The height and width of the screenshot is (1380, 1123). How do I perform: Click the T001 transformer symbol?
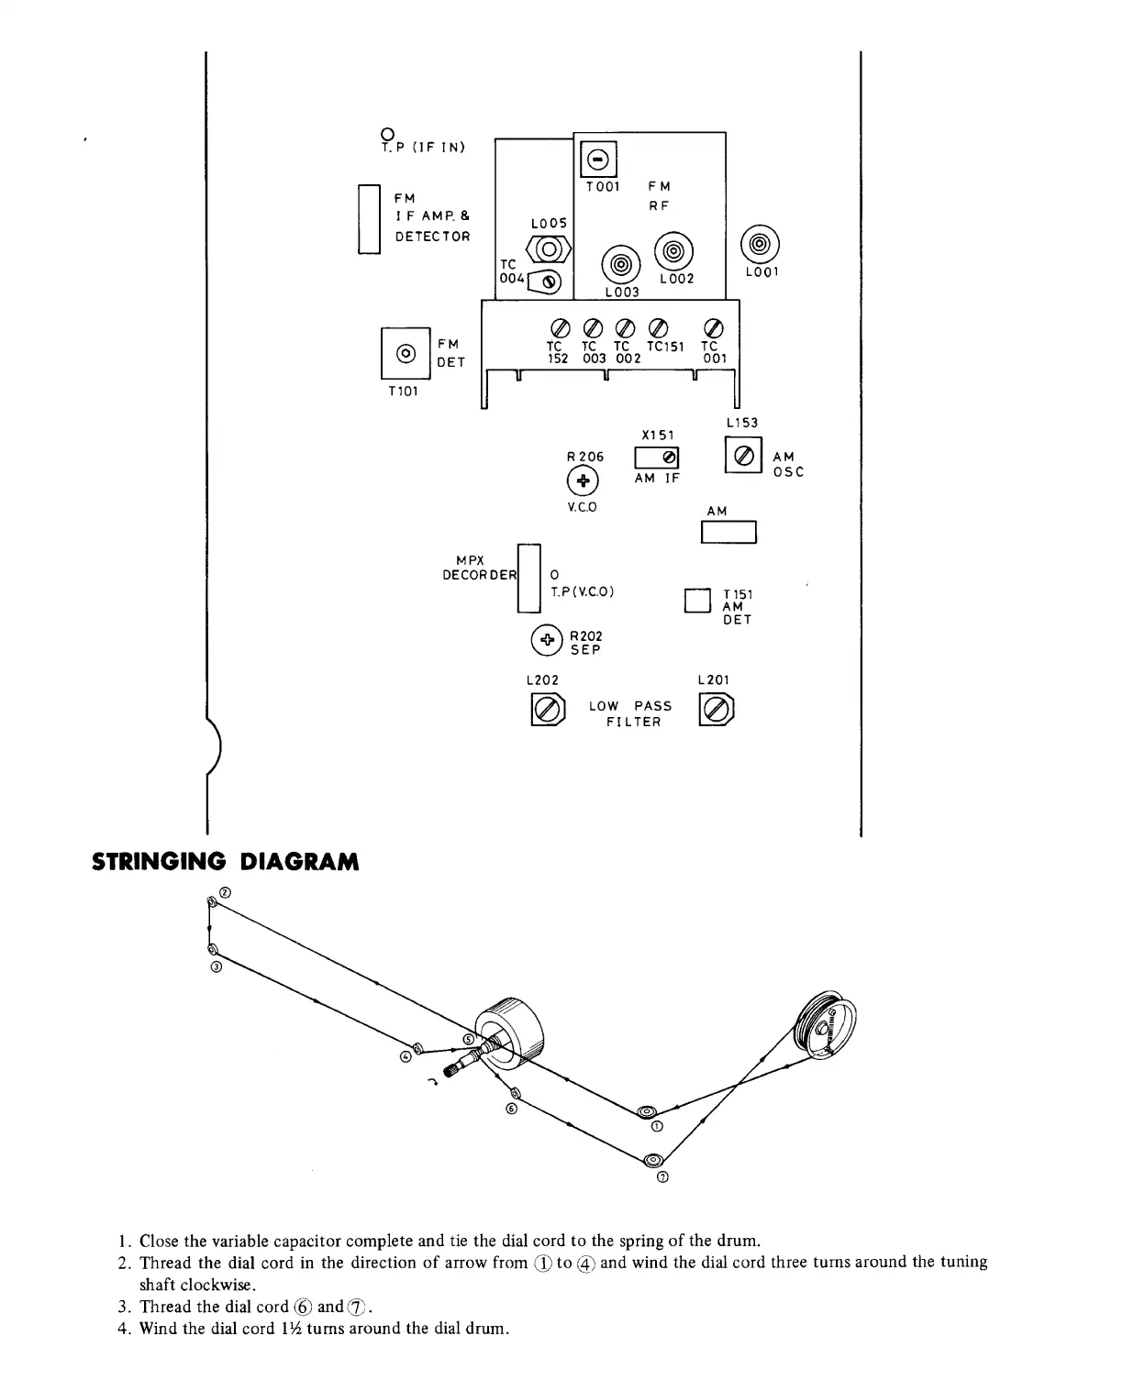click(x=598, y=160)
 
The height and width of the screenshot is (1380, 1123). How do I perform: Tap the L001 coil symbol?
click(x=760, y=245)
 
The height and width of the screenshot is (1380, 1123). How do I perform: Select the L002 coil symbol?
click(x=674, y=250)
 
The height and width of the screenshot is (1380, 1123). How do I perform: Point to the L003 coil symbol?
click(x=621, y=265)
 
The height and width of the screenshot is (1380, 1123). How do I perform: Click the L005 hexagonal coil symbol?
click(x=549, y=249)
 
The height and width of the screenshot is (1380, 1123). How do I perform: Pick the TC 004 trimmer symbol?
click(x=547, y=282)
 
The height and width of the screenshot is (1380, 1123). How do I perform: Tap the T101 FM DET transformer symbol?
click(x=405, y=353)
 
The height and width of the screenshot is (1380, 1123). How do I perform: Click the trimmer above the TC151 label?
click(x=657, y=327)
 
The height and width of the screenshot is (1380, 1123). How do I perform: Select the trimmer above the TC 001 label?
click(x=713, y=327)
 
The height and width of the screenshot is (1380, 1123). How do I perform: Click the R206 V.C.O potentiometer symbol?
click(x=583, y=480)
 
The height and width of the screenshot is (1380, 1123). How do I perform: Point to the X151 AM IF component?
click(x=657, y=457)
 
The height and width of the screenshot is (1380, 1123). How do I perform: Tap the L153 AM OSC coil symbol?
click(x=744, y=454)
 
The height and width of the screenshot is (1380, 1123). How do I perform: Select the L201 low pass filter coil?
click(x=717, y=710)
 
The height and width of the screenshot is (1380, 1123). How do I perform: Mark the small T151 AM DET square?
click(x=698, y=600)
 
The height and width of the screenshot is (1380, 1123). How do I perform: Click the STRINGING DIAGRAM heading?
click(x=225, y=862)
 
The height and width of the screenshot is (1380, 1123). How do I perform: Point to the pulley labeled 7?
click(x=653, y=1160)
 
